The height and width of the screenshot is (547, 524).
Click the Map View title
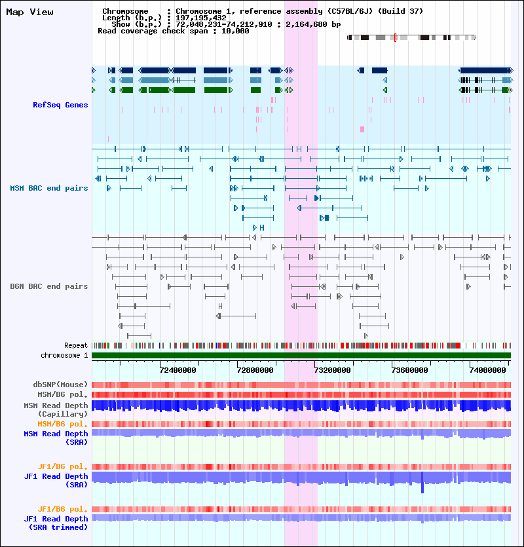click(x=29, y=12)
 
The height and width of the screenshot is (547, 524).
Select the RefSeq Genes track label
click(x=60, y=105)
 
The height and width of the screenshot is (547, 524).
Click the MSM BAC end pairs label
click(x=49, y=188)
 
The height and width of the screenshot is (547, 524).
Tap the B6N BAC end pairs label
click(x=49, y=286)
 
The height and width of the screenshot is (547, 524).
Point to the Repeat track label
click(x=76, y=345)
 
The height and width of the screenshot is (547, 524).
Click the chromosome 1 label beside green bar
click(x=64, y=355)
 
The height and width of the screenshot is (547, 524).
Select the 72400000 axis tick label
click(x=178, y=370)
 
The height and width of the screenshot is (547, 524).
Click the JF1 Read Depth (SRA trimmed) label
click(x=56, y=523)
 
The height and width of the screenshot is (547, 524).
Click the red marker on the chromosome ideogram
click(x=396, y=37)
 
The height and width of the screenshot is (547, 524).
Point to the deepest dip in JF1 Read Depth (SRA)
click(x=422, y=490)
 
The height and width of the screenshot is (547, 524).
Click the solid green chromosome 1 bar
click(x=301, y=355)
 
